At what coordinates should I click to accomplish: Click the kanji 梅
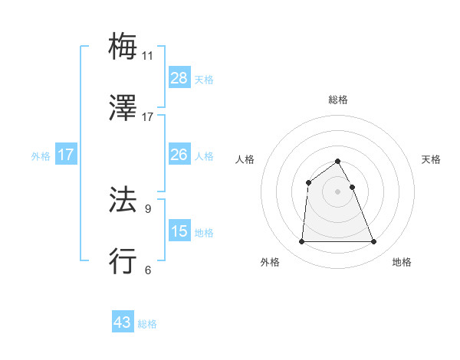[x=123, y=46]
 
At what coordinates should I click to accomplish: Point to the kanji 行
[x=123, y=261]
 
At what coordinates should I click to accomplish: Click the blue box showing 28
[x=179, y=78]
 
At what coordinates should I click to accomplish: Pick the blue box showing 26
[x=179, y=155]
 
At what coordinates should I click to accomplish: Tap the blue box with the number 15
[x=179, y=231]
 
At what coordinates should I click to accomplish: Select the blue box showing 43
[x=123, y=322]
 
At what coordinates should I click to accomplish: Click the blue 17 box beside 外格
[x=66, y=155]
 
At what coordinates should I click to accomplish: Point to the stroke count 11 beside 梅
[x=147, y=55]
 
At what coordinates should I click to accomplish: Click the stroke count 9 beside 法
[x=147, y=208]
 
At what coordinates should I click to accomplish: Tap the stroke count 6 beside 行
[x=147, y=270]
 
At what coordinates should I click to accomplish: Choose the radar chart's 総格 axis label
[x=337, y=100]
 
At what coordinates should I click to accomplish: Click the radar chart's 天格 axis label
[x=432, y=159]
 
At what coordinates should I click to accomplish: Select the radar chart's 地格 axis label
[x=402, y=262]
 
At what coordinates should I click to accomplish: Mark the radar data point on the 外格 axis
[x=301, y=242]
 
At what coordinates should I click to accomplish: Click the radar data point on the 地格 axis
[x=373, y=242]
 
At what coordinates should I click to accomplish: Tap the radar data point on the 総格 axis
[x=337, y=161]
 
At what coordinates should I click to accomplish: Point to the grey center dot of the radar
[x=337, y=191]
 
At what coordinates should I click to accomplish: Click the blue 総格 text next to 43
[x=147, y=324]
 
